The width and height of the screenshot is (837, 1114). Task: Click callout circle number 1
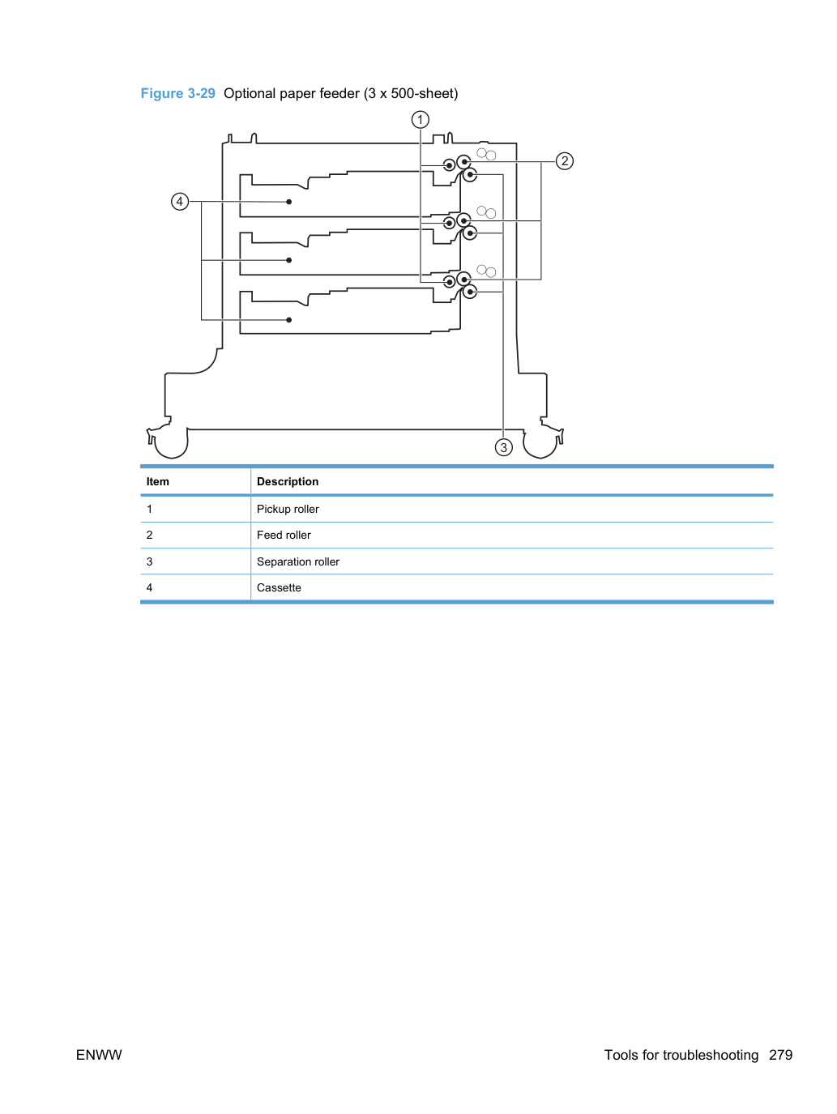(420, 120)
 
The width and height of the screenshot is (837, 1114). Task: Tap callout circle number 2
(565, 161)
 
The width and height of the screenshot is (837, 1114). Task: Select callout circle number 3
(503, 447)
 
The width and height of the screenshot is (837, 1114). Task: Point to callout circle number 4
(180, 202)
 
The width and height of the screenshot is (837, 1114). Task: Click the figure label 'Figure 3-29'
(177, 93)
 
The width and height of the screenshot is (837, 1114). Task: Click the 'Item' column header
(157, 481)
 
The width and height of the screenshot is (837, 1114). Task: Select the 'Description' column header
(288, 481)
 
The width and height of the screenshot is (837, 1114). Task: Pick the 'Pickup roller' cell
(288, 509)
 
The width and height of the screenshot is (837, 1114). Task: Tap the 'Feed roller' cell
(284, 535)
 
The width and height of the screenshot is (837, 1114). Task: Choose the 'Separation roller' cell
(297, 561)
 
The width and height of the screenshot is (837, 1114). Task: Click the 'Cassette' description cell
(279, 587)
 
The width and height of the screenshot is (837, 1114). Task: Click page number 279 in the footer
(780, 1055)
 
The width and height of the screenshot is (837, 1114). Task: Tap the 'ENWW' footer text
(99, 1055)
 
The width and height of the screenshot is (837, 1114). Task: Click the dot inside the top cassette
(288, 202)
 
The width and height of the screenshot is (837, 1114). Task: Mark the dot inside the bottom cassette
(288, 320)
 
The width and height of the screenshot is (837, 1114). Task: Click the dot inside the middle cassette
(288, 260)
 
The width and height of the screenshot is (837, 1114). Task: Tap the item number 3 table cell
(149, 561)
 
